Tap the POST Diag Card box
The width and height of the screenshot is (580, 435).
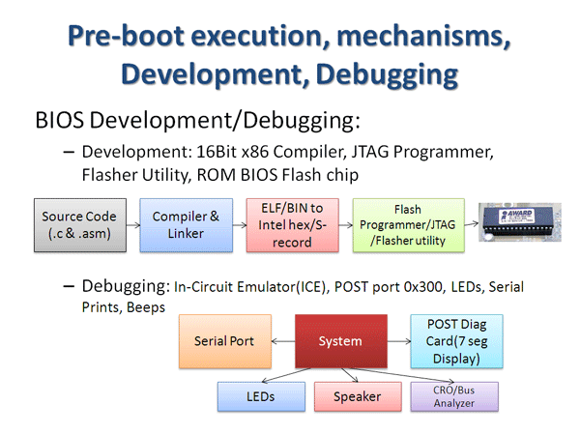456,341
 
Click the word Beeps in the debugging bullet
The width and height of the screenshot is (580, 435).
143,306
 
